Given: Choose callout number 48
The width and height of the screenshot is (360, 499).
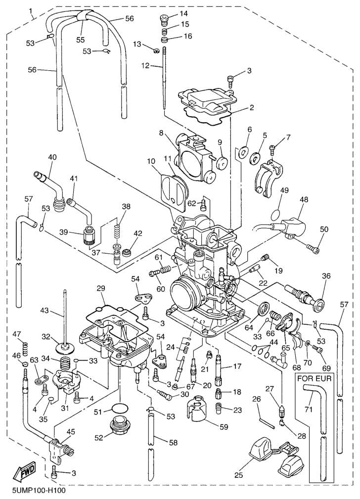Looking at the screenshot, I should [x=304, y=199].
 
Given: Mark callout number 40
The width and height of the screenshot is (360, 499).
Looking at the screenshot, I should [x=52, y=157].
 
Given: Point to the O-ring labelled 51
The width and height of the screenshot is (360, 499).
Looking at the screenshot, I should [x=117, y=408].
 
